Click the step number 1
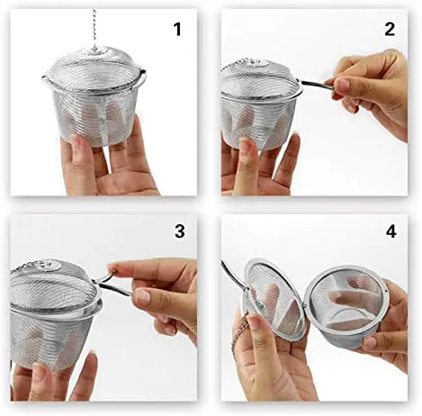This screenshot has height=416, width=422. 177,30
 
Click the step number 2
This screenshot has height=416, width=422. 390,30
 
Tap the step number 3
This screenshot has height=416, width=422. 179,231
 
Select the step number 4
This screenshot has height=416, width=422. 391,231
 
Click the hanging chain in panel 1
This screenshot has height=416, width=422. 94,30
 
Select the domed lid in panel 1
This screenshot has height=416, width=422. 94,69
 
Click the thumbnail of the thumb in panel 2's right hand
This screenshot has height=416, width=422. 343,85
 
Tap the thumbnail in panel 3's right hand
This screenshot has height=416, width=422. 143,295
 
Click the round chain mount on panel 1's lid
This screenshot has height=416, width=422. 94,51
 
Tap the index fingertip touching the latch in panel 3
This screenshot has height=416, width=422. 113,267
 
